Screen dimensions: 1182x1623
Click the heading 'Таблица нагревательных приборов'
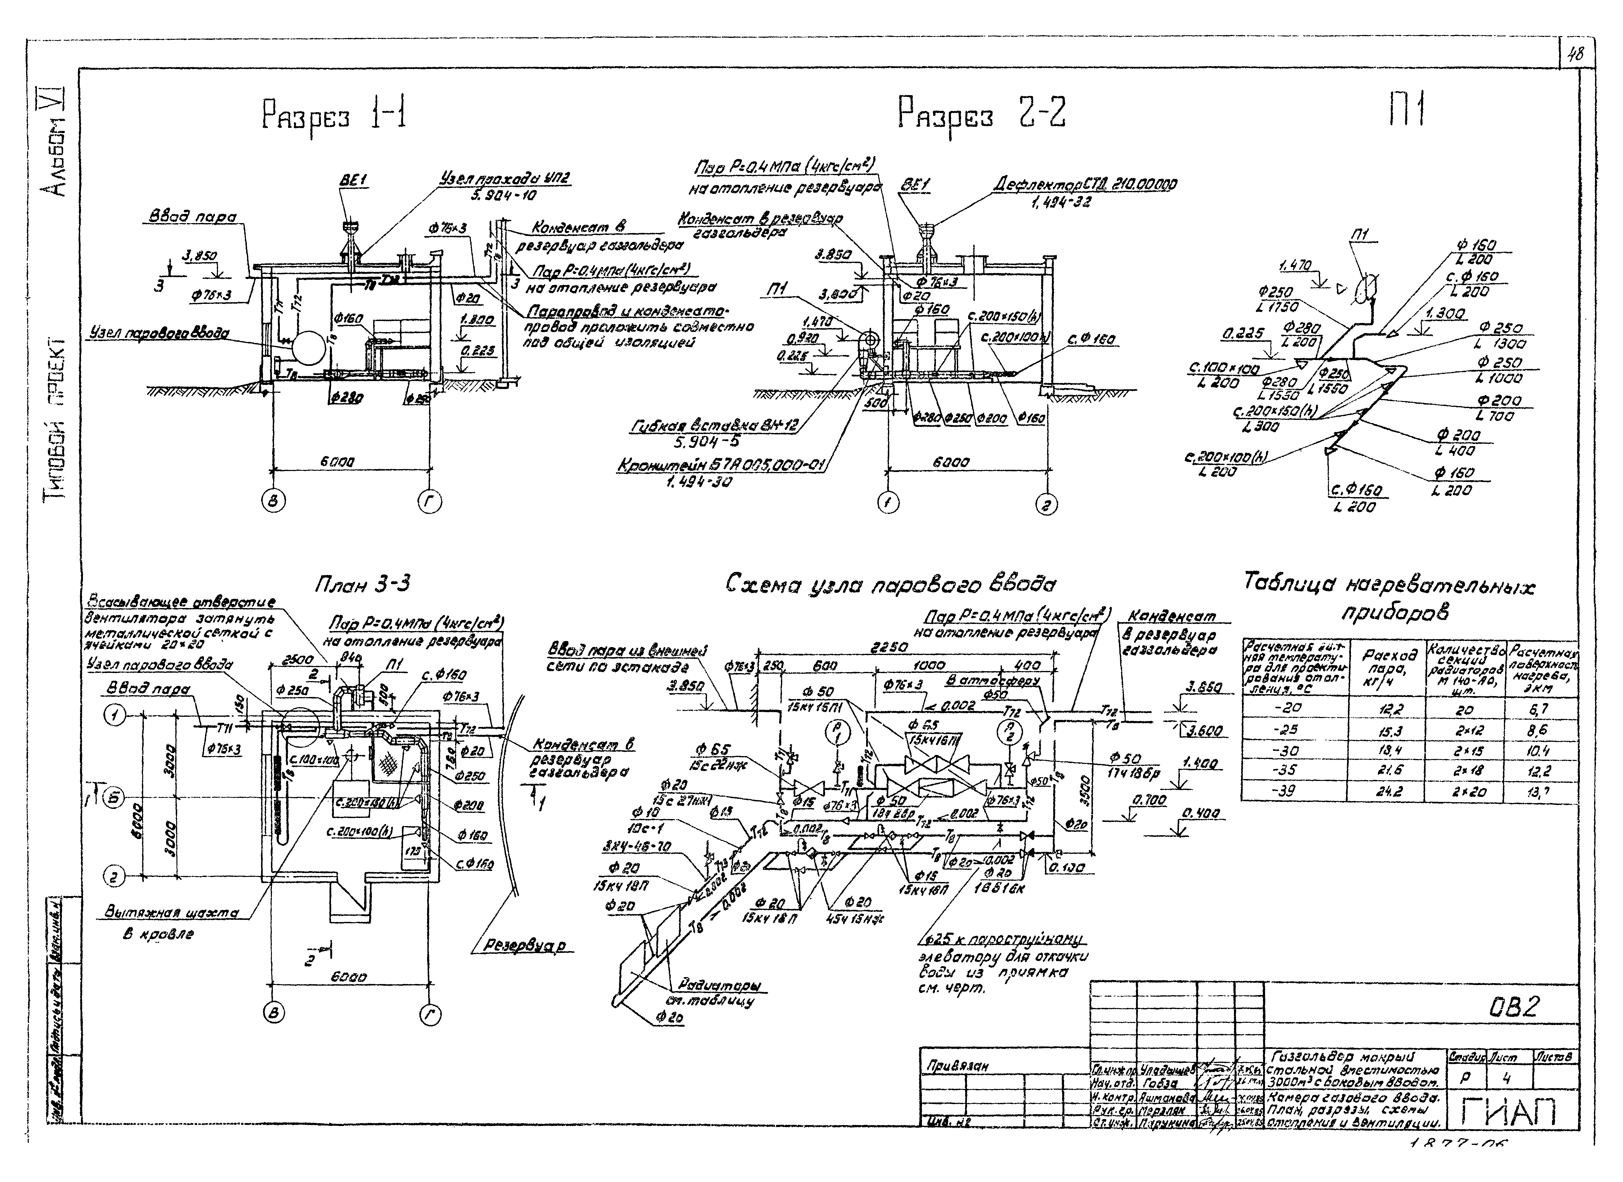pyautogui.click(x=1388, y=598)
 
